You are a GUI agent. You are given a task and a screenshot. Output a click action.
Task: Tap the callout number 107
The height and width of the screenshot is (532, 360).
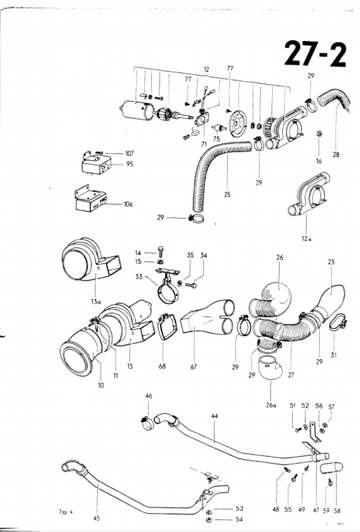[x=129, y=154]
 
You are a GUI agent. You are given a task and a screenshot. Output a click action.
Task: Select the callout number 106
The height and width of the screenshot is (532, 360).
[x=128, y=205]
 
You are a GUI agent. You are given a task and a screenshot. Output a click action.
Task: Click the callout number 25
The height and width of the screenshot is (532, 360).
[x=228, y=193]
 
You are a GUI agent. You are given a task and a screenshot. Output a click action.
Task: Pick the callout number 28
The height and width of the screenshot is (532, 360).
[x=336, y=155]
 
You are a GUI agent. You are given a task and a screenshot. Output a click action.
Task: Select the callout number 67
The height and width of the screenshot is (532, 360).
[x=193, y=367]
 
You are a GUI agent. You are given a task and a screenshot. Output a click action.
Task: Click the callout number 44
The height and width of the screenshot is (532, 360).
[x=214, y=417]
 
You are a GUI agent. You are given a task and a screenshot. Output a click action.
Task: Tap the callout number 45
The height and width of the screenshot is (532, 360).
[x=97, y=518]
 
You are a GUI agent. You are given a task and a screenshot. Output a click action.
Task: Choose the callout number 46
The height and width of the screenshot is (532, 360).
[x=148, y=395]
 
